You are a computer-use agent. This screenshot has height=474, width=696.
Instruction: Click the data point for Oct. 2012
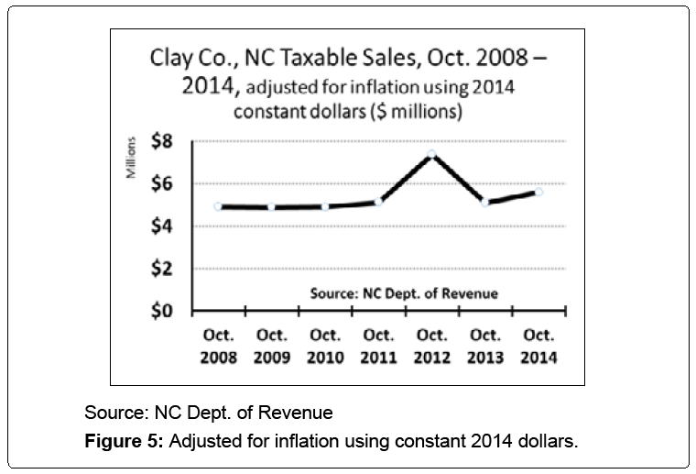(x=432, y=153)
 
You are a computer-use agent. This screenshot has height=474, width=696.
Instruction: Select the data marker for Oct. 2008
(x=218, y=206)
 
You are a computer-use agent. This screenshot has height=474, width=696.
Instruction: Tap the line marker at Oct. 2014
(x=538, y=192)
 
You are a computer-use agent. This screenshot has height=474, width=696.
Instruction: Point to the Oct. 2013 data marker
(x=485, y=203)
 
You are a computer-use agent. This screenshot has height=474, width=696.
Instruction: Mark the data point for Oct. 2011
(x=378, y=202)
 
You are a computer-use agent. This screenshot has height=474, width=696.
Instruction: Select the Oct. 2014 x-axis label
(x=538, y=346)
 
